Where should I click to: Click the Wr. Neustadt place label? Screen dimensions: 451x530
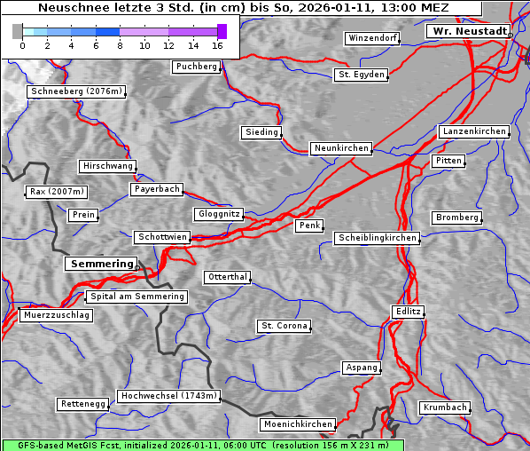(x=468, y=31)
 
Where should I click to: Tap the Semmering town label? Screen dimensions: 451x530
(x=101, y=264)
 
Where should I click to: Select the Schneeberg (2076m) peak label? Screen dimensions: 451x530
(x=75, y=91)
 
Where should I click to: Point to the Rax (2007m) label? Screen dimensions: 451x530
(x=56, y=192)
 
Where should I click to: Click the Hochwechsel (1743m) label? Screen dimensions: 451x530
(x=168, y=396)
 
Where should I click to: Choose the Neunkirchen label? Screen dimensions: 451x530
(x=340, y=148)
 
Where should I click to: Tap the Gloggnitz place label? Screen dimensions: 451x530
(x=217, y=214)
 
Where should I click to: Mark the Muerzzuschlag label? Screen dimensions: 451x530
(x=56, y=315)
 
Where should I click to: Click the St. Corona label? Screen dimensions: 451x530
(x=284, y=326)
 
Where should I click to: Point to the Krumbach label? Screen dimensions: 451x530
(x=444, y=407)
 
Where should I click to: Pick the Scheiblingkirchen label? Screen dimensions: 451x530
(x=377, y=238)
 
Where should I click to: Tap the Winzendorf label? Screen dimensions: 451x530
(x=372, y=38)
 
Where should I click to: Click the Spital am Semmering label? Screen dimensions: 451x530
(x=136, y=297)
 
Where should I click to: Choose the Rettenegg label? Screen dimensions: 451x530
(x=83, y=404)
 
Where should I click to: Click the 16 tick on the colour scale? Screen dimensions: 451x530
(x=218, y=45)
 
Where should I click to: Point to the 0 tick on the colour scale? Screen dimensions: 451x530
(x=22, y=45)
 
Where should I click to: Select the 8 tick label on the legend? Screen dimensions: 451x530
(x=120, y=45)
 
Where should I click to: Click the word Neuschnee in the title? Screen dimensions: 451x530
(x=74, y=8)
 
